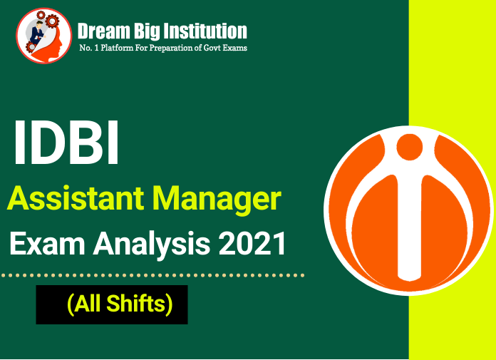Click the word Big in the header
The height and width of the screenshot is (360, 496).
tap(148, 31)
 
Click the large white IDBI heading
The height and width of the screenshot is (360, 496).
tap(66, 143)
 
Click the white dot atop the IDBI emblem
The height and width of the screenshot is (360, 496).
tap(409, 145)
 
